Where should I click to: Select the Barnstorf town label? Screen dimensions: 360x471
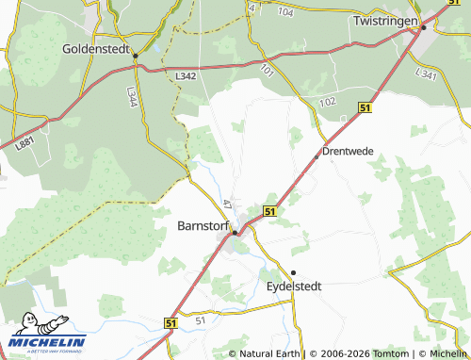[x=203, y=226]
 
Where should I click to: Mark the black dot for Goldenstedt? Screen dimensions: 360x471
[x=136, y=57]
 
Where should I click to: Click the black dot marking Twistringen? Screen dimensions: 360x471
[x=424, y=27]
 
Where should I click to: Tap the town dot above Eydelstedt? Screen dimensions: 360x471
[x=293, y=272]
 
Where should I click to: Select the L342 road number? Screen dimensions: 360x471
[x=186, y=75]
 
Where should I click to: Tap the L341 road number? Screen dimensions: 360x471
[x=426, y=74]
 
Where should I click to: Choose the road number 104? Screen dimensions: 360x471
[x=286, y=11]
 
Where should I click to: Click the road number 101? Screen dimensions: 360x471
[x=268, y=70]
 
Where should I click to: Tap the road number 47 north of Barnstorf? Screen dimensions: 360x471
[x=228, y=203]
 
